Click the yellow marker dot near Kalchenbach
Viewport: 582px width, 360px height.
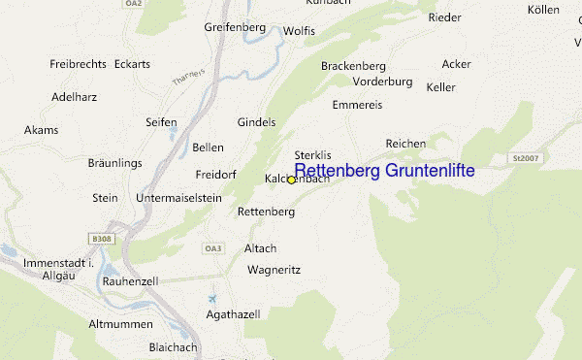(291, 180)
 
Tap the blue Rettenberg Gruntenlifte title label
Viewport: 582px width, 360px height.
(384, 171)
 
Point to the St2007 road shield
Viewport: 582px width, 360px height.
(524, 157)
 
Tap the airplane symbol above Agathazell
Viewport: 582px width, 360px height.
(213, 297)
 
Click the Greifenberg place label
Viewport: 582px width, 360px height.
(235, 27)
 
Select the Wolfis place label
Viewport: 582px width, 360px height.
(299, 31)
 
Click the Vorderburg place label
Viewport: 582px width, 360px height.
(382, 82)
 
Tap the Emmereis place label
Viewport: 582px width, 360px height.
(357, 104)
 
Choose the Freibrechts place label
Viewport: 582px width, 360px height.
(77, 64)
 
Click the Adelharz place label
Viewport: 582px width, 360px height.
(52, 98)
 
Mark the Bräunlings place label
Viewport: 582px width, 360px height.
(115, 163)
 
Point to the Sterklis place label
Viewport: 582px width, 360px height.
(312, 155)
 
